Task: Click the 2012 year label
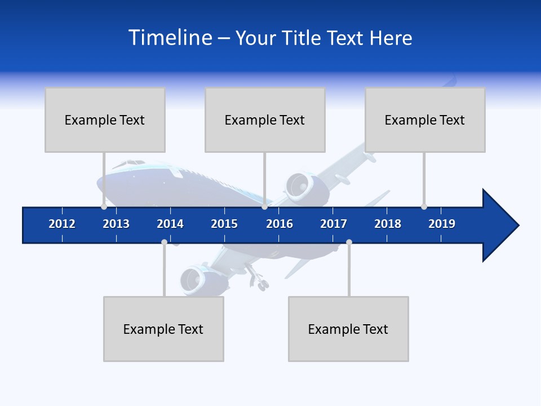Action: click(x=62, y=224)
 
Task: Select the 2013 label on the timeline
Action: click(x=116, y=224)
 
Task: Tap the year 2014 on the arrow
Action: click(x=170, y=224)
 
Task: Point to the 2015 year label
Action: click(x=224, y=224)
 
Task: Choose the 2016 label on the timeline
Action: click(x=280, y=224)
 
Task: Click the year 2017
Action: click(x=334, y=224)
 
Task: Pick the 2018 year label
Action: click(x=388, y=224)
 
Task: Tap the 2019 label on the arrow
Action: click(x=442, y=224)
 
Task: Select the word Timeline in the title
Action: click(x=169, y=38)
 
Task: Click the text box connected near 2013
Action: click(x=105, y=120)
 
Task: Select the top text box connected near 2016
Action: click(x=265, y=120)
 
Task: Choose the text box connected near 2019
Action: click(x=425, y=120)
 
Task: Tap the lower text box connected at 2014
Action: click(x=163, y=329)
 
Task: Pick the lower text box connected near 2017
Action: click(x=348, y=329)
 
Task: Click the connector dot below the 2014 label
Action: click(x=164, y=242)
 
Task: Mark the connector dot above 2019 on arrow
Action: click(x=424, y=206)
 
